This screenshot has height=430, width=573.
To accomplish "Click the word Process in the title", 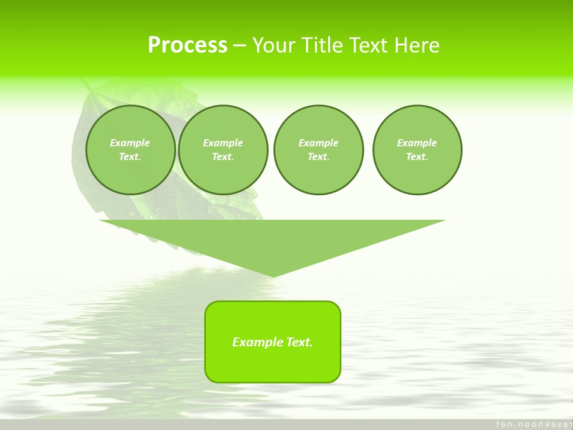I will point(187,45).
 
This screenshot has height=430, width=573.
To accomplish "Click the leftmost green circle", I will point(131,173).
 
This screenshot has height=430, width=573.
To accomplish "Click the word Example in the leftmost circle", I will point(130,143).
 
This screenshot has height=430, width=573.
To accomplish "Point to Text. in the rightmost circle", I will point(417,157).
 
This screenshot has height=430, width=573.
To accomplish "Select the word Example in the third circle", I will point(318,143).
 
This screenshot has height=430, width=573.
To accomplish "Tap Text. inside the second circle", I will point(223,157).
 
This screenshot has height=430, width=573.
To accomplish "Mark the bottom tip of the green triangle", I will point(273,275).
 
